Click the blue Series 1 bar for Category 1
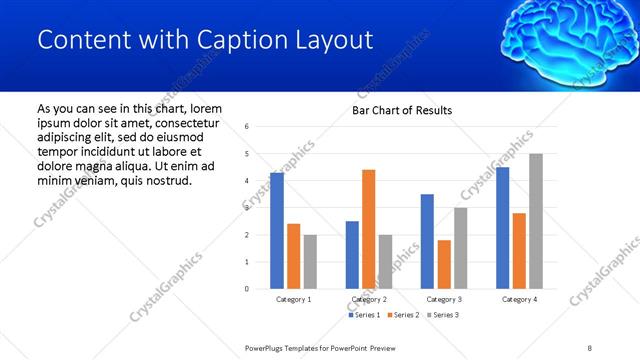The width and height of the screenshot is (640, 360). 277,231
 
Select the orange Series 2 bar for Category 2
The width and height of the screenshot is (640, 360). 368,229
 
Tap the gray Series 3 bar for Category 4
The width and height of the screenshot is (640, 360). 535,221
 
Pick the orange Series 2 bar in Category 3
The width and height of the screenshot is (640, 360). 444,264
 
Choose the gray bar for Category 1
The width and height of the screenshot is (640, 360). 310,262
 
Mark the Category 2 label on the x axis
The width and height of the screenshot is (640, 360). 369,299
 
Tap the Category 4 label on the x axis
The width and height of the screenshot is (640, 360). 519,299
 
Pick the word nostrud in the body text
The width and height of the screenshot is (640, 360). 167,180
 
